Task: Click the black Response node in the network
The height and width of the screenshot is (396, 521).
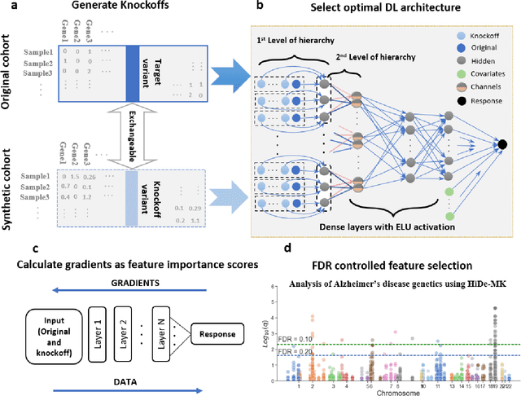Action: (x=502, y=145)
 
